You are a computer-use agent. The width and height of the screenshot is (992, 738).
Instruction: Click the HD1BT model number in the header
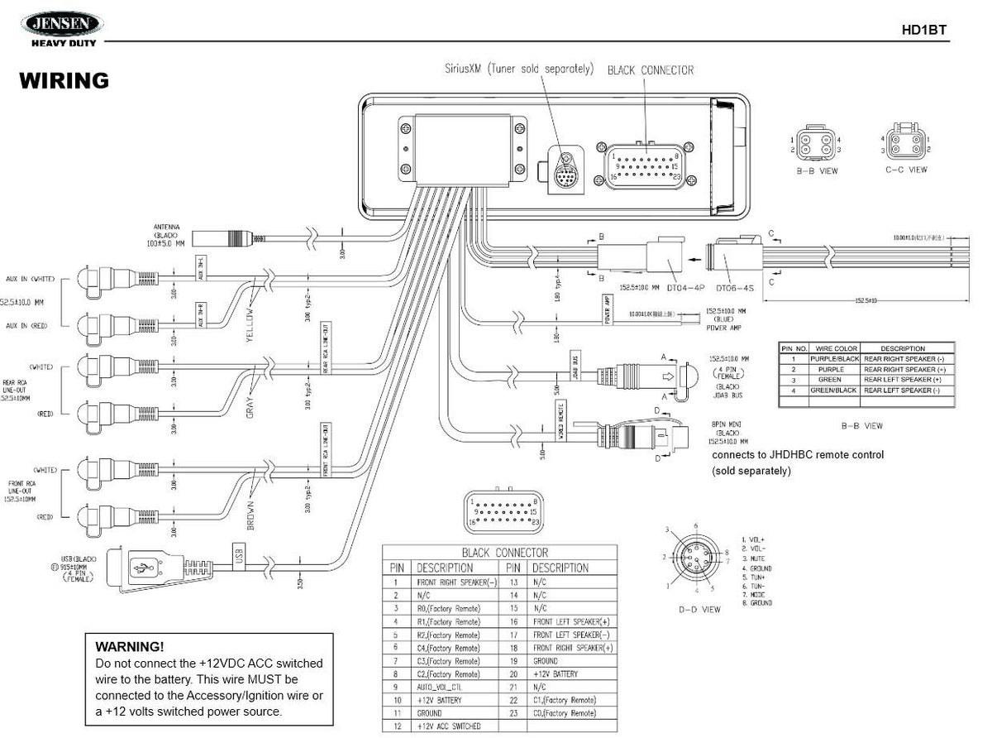[x=923, y=31]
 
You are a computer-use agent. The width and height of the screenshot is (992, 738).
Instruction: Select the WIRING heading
[x=64, y=80]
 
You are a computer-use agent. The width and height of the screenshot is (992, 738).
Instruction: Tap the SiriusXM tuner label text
[x=518, y=69]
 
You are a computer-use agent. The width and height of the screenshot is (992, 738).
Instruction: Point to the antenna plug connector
[x=228, y=238]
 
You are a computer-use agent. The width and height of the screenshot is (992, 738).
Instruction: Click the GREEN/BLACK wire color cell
[x=833, y=390]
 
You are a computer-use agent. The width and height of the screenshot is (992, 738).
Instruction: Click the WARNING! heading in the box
[x=130, y=645]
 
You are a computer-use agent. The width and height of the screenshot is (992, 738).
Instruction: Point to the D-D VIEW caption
[x=699, y=609]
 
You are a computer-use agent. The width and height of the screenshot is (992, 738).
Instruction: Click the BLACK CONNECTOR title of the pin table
[x=504, y=552]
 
